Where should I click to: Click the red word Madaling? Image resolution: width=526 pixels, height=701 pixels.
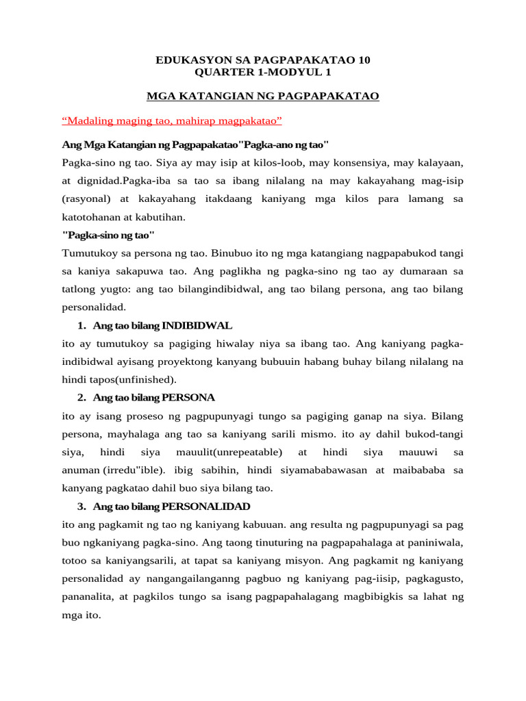[x=89, y=121]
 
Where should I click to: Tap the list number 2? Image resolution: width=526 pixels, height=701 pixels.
[x=81, y=397]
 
